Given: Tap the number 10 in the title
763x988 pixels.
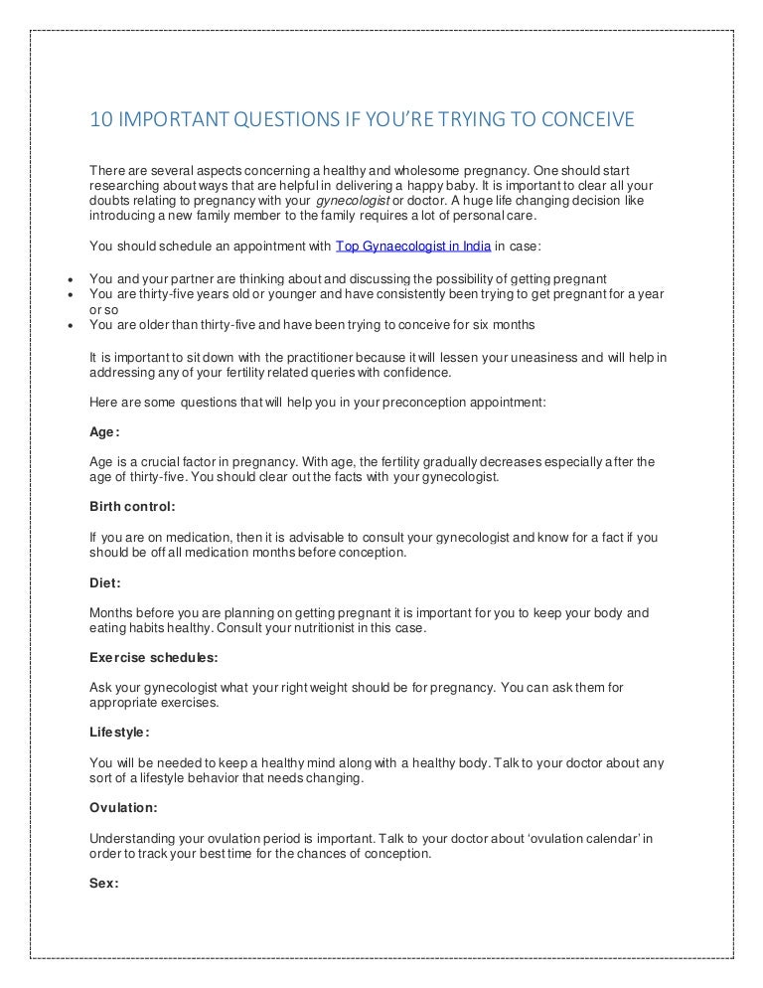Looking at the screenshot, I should pyautogui.click(x=100, y=121).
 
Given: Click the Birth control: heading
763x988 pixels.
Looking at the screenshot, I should pyautogui.click(x=132, y=507).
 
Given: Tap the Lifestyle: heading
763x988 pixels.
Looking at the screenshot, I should pyautogui.click(x=119, y=733).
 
